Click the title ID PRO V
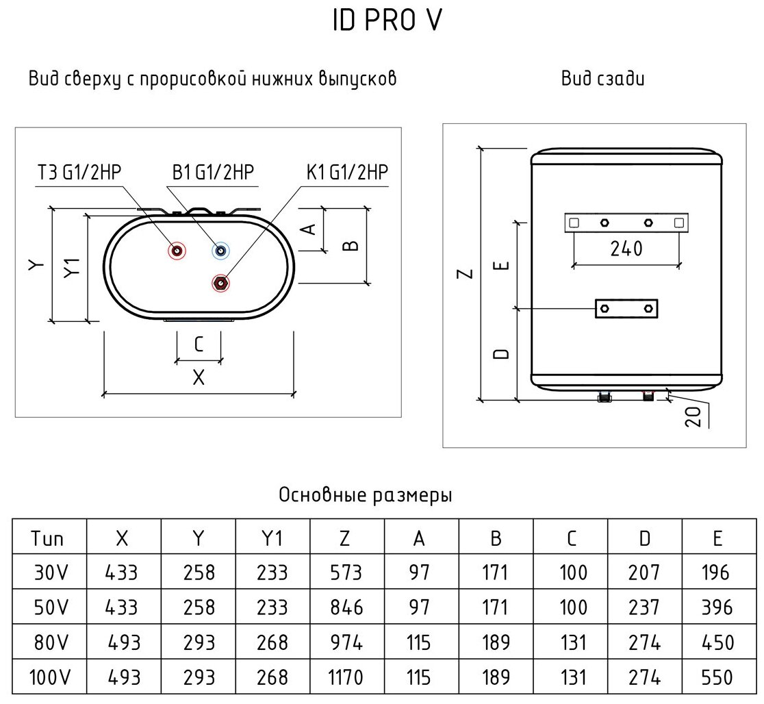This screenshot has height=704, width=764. [387, 21]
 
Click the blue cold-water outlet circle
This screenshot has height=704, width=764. [220, 251]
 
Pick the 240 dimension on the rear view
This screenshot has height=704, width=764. [626, 249]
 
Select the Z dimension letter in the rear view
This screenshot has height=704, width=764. [466, 273]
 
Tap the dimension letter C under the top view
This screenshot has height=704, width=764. [199, 344]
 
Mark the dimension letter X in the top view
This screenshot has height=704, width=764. [199, 377]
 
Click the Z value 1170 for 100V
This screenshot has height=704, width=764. [344, 679]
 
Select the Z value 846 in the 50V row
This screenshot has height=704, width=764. [344, 607]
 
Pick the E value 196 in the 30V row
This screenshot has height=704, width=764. [716, 572]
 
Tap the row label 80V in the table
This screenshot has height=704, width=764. [49, 643]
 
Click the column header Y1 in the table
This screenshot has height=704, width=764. [272, 538]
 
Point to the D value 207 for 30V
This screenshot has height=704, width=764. [644, 572]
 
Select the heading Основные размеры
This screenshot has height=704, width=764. [366, 495]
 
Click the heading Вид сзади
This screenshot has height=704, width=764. [603, 79]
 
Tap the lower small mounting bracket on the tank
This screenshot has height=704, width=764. [626, 310]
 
